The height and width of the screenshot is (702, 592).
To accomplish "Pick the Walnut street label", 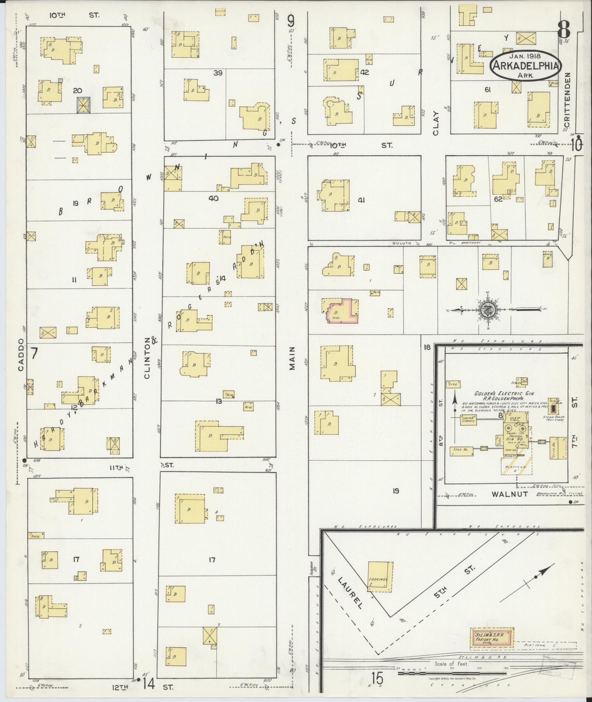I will coord(509,494).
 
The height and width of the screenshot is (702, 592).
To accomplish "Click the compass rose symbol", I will coord(489,310).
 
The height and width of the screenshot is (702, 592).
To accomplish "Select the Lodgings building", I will coord(380,576).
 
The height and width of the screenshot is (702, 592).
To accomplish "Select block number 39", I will coord(218,73).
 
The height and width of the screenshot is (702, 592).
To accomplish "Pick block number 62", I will coord(498,200).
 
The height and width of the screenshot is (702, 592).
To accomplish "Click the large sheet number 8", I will coord(564,29).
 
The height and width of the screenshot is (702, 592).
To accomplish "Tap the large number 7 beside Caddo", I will coord(34,353).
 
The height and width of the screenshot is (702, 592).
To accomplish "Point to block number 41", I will coord(362,200).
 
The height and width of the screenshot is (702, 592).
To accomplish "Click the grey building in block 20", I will coord(83,105).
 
